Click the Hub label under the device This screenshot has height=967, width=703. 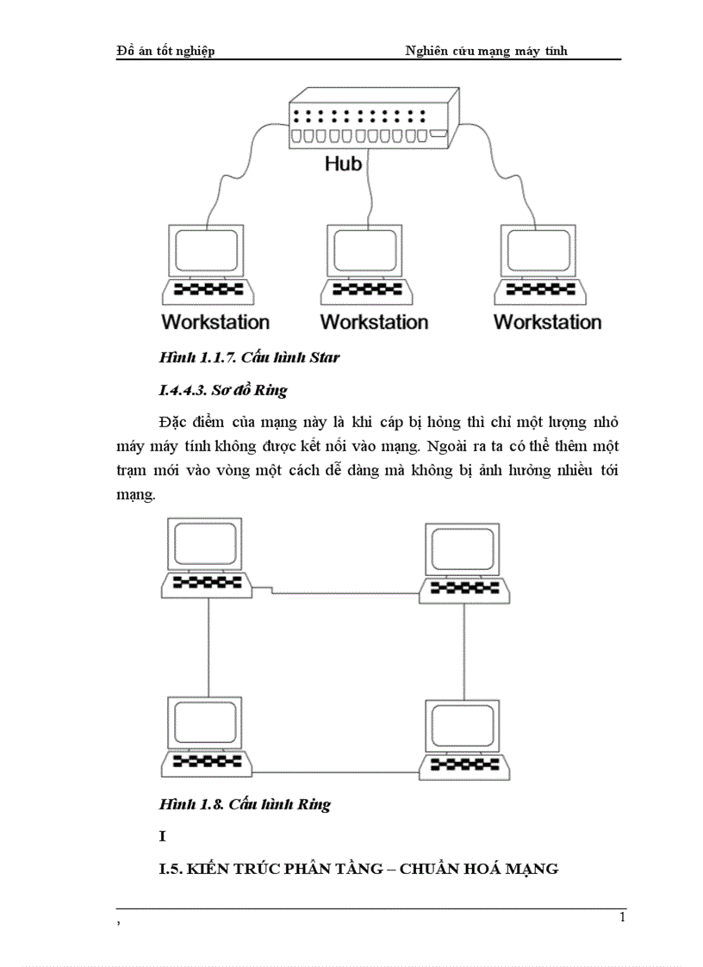coord(343,163)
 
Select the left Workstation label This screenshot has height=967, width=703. coord(215,322)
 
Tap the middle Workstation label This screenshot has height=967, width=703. coord(374,322)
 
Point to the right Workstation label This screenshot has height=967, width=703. coord(547,322)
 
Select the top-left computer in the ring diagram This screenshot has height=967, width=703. coord(207,557)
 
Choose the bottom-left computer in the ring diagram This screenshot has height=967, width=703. coord(206,737)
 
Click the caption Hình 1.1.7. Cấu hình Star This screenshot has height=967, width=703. coord(249,357)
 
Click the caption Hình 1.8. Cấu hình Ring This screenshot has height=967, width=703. coord(245,804)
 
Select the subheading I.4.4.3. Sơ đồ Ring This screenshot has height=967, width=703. coord(223,390)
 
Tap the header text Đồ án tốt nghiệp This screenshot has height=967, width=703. coord(165,51)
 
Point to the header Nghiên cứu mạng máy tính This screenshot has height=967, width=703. coord(487,51)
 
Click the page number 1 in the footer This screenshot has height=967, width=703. coord(622,917)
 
